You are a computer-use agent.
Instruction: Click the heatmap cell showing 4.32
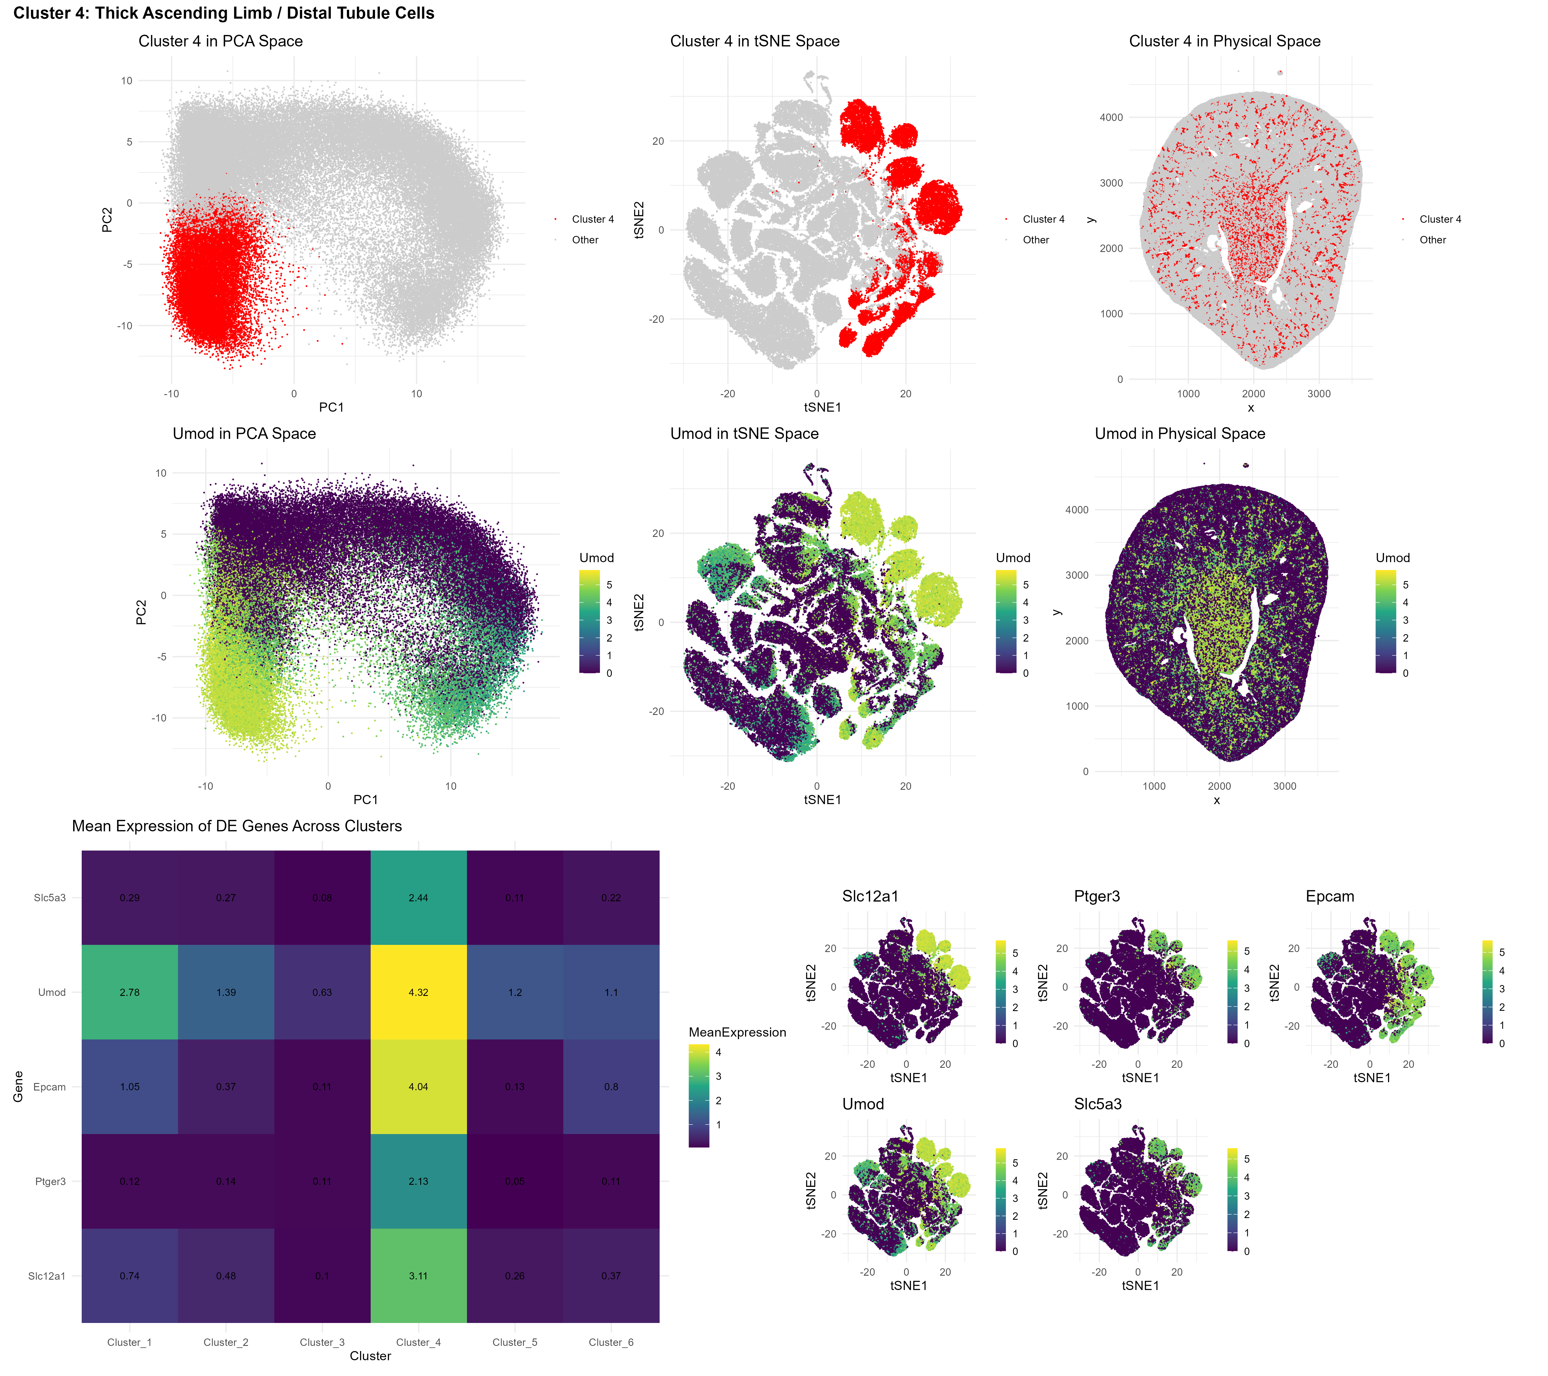point(418,992)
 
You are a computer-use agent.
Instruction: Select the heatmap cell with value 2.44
point(418,897)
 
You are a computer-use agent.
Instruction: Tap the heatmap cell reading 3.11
point(418,1276)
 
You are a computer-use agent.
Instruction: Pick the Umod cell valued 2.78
point(130,992)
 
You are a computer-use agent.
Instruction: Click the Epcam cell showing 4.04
point(418,1087)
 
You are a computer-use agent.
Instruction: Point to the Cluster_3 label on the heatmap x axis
point(322,1342)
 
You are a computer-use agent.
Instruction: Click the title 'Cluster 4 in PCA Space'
point(220,41)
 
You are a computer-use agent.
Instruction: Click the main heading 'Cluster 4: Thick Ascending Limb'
point(223,13)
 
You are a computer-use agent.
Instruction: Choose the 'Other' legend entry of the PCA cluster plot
point(585,239)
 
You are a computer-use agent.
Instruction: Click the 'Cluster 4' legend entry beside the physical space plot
point(1440,219)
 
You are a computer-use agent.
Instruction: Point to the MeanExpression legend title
point(737,1032)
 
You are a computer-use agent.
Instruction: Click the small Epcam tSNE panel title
point(1329,896)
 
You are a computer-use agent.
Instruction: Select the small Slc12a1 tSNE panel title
point(870,896)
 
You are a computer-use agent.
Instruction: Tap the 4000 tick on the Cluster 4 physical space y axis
point(1111,117)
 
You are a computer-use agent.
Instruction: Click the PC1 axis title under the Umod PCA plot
point(366,800)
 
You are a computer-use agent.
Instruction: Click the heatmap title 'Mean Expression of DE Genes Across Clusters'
point(236,825)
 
